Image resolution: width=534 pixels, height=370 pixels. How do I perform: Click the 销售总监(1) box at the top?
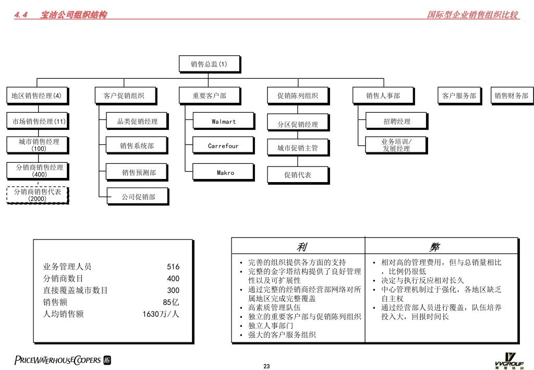tap(209, 64)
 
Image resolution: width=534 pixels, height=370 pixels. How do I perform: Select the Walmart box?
tap(223, 122)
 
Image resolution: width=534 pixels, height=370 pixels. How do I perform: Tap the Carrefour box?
tap(223, 146)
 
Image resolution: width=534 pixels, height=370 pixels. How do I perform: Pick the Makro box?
tap(225, 173)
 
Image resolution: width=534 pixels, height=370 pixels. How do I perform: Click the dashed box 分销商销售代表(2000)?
tap(37, 195)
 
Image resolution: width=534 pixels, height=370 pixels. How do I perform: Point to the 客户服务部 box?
tap(459, 96)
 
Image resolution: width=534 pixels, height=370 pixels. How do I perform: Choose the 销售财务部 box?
tap(511, 96)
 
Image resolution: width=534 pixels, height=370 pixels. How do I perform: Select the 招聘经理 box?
tap(396, 122)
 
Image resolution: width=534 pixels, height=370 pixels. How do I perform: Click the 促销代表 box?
tap(297, 175)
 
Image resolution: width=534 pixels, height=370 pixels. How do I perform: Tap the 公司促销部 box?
tap(138, 197)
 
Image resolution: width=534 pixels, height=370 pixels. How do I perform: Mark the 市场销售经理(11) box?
tap(39, 122)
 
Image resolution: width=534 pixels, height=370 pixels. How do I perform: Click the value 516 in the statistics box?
tap(173, 267)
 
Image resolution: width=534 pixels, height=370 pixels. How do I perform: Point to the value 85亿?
tap(171, 302)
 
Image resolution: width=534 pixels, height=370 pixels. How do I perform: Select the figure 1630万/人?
tap(161, 314)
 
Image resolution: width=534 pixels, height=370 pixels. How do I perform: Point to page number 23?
tap(266, 366)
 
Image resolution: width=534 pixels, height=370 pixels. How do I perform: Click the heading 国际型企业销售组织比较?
tap(472, 15)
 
